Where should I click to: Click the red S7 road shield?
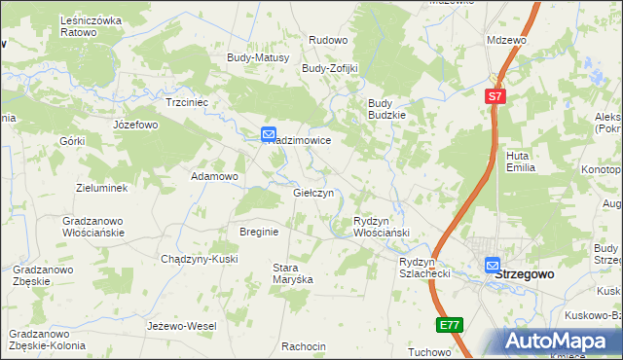click(495, 96)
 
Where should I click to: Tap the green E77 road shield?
click(448, 324)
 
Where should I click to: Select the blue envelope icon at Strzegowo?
click(493, 264)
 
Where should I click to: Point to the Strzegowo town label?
click(525, 274)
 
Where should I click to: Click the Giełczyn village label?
click(313, 193)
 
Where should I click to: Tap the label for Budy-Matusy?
click(258, 57)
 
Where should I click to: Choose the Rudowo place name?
click(328, 40)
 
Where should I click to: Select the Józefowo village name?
click(135, 125)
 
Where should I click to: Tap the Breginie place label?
click(259, 232)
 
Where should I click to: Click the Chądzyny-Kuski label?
click(199, 258)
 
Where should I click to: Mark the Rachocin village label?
click(303, 346)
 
